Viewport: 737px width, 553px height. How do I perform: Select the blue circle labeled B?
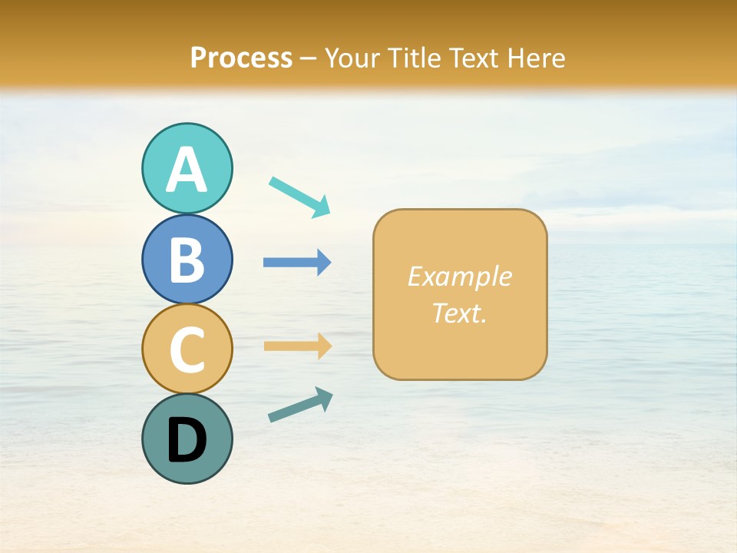click(187, 259)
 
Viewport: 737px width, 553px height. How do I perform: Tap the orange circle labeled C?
click(187, 348)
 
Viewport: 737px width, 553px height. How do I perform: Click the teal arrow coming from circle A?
click(299, 195)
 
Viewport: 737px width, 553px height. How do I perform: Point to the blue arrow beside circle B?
click(296, 263)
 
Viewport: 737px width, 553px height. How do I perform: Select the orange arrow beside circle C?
click(297, 346)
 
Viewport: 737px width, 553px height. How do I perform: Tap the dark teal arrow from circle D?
click(300, 405)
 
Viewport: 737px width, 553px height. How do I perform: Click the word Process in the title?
click(241, 58)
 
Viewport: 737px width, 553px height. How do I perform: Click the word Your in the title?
click(353, 58)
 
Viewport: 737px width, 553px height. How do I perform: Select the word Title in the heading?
click(415, 58)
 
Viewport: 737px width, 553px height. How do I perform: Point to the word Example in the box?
click(459, 276)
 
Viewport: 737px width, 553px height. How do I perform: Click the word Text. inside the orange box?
click(459, 313)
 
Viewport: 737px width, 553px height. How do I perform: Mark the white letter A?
click(187, 171)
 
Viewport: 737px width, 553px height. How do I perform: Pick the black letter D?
click(187, 440)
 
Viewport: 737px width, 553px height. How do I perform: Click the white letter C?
click(187, 349)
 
